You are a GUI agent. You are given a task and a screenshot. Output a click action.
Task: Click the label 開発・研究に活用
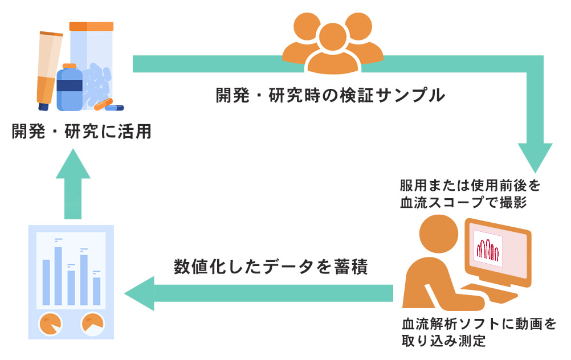[x=82, y=132]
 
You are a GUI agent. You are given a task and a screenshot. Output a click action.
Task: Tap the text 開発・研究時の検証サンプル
[x=330, y=95]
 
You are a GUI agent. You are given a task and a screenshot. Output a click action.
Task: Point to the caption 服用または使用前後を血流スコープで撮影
[x=469, y=194]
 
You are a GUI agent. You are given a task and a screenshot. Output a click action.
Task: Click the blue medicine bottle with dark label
[x=70, y=88]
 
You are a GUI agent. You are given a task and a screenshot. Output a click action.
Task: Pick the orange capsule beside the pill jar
[x=104, y=104]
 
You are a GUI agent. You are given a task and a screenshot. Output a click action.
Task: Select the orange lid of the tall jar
[x=91, y=26]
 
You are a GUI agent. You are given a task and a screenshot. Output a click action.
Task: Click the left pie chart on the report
[x=50, y=324]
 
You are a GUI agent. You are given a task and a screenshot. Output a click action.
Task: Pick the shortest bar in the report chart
[x=96, y=291]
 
